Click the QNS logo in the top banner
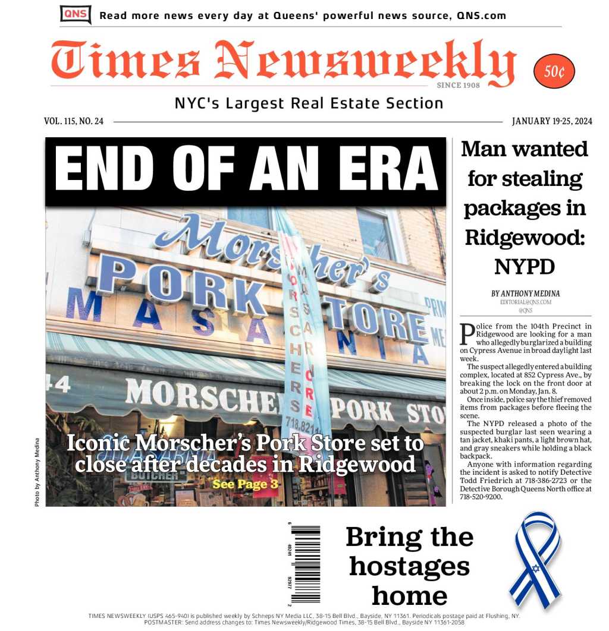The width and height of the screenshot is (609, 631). click(x=76, y=14)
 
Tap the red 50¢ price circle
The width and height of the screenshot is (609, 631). click(x=554, y=72)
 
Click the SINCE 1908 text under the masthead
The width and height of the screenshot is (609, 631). click(x=458, y=86)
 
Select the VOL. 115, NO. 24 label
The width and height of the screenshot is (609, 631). click(x=74, y=121)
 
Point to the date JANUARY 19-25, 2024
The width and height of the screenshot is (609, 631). click(x=552, y=121)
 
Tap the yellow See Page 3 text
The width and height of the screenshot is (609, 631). click(x=245, y=484)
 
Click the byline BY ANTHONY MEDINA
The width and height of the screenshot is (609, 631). click(x=525, y=294)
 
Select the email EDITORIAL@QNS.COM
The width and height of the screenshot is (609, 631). click(x=525, y=302)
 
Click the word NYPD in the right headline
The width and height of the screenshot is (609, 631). click(x=525, y=267)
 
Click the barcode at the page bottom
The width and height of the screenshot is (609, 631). click(x=305, y=563)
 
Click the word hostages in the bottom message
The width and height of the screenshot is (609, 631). click(x=409, y=566)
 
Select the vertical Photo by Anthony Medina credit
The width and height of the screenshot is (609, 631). click(x=37, y=472)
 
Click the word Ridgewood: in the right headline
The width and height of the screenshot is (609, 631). click(x=525, y=237)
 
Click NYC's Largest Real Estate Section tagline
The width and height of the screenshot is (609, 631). click(x=309, y=103)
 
